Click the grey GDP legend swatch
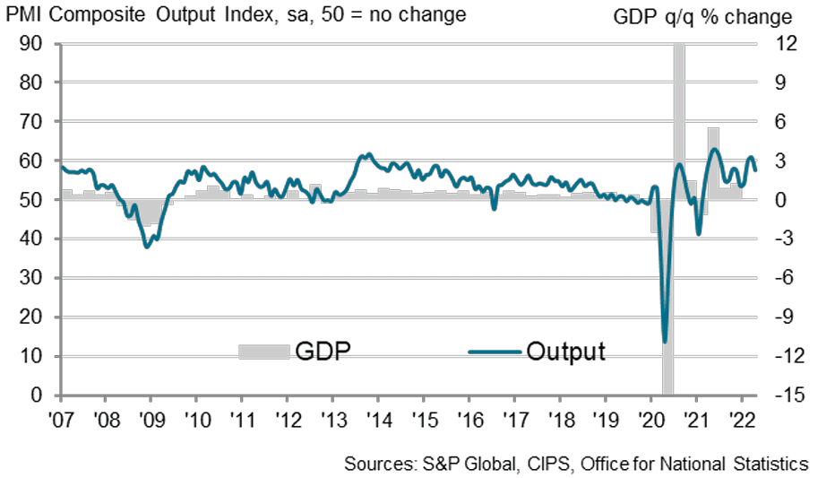pos(263,352)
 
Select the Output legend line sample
pos(495,352)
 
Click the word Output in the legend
pos(565,351)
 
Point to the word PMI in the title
pos(24,15)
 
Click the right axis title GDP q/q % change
pos(702,17)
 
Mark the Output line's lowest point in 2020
pos(665,342)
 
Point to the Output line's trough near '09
pos(148,246)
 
